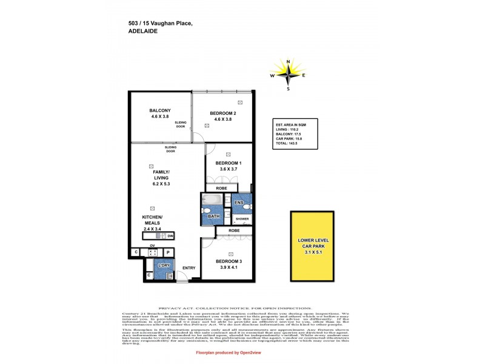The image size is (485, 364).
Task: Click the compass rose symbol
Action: (x=288, y=75)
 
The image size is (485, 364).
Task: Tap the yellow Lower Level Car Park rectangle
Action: (x=312, y=246)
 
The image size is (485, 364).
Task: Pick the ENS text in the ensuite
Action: (x=239, y=202)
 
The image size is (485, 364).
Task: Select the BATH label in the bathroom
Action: (x=213, y=216)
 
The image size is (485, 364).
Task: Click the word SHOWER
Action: (x=242, y=218)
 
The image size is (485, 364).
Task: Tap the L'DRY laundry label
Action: (x=163, y=266)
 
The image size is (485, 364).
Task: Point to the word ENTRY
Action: (x=189, y=268)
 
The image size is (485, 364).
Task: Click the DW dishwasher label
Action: (x=170, y=236)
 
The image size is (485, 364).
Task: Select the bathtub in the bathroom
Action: (x=213, y=200)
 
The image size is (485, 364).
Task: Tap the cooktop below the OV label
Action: (x=153, y=252)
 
